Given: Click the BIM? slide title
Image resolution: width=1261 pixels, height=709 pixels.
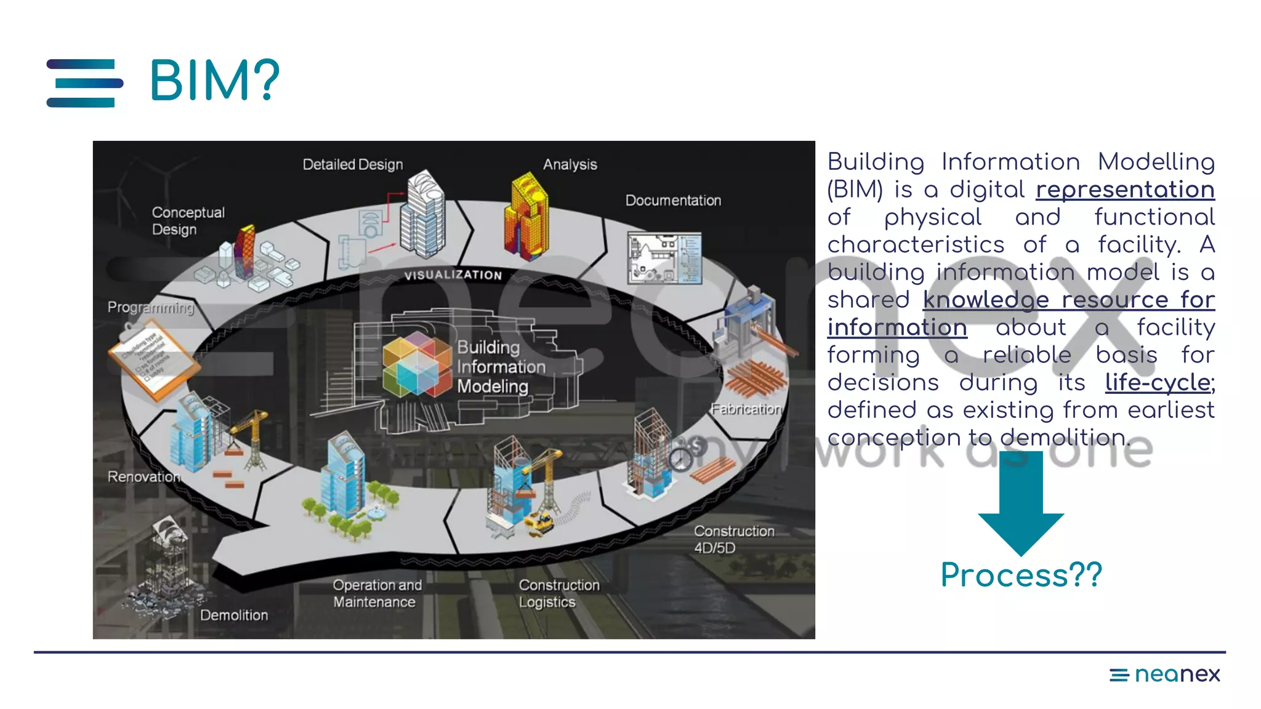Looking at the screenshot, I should pyautogui.click(x=214, y=81).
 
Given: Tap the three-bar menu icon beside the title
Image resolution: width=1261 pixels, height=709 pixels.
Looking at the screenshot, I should pyautogui.click(x=84, y=83).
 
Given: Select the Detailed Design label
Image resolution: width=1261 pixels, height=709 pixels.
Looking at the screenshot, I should pyautogui.click(x=352, y=164).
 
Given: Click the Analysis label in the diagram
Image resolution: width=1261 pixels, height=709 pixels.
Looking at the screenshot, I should pyautogui.click(x=570, y=164).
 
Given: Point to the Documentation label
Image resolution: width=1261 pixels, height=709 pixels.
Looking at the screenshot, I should pyautogui.click(x=673, y=200).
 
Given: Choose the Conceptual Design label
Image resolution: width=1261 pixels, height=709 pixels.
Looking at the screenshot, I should pyautogui.click(x=188, y=220).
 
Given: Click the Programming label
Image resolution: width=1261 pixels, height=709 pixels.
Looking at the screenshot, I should pyautogui.click(x=150, y=307).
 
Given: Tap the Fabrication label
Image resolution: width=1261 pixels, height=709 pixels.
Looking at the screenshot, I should pyautogui.click(x=746, y=409).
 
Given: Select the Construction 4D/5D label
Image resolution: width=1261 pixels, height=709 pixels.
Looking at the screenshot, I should pyautogui.click(x=733, y=539).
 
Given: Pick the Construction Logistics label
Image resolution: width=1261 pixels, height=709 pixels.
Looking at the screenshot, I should pyautogui.click(x=558, y=593).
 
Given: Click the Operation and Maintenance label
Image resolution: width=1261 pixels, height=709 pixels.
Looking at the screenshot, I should pyautogui.click(x=377, y=593).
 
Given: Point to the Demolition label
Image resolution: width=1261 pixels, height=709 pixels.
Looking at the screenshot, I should pyautogui.click(x=234, y=615).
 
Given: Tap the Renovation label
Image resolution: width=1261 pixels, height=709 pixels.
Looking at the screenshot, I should pyautogui.click(x=144, y=476).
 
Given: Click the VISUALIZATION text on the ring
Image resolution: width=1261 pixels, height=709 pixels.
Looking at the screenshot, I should pyautogui.click(x=453, y=275).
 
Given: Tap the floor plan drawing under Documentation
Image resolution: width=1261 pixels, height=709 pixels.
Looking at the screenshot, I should pyautogui.click(x=664, y=258).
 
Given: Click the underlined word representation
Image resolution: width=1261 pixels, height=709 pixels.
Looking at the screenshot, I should pyautogui.click(x=1124, y=190).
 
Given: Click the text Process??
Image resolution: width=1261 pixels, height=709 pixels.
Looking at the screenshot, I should pyautogui.click(x=1021, y=575).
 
